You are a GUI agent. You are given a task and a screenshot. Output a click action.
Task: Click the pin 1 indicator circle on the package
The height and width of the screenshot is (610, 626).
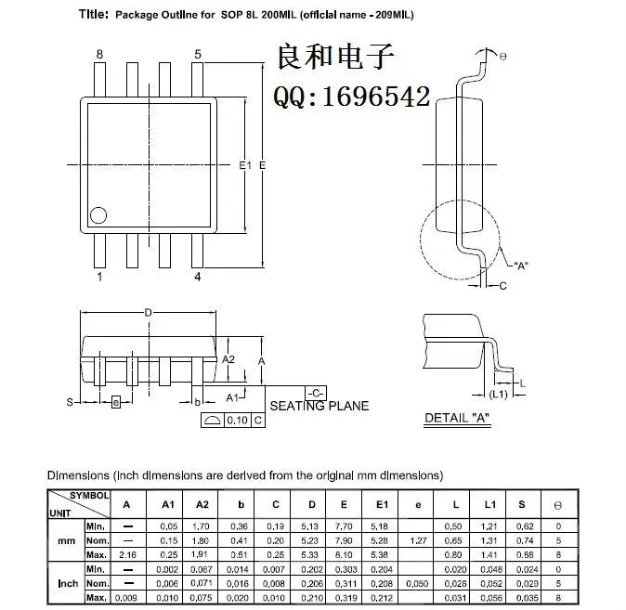pos(98,216)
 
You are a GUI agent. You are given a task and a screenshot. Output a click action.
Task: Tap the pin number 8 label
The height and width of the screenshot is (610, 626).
pos(99,54)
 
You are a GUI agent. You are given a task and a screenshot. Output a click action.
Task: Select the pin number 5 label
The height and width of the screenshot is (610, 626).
pos(198,54)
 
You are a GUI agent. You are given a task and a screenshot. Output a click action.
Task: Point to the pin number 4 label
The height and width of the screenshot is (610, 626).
pos(197,277)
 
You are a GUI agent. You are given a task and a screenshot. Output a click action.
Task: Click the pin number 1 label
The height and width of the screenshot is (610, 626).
pos(99,277)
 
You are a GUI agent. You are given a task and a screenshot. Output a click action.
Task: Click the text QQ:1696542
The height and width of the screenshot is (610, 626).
pos(350,97)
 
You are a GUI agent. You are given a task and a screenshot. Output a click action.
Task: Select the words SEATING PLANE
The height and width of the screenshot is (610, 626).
pos(319,406)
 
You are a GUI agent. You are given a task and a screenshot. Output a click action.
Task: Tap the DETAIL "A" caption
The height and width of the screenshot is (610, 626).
pos(457,418)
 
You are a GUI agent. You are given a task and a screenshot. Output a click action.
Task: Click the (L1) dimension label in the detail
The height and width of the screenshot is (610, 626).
pos(498,395)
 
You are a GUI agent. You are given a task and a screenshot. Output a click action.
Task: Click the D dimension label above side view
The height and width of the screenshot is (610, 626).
pos(148,313)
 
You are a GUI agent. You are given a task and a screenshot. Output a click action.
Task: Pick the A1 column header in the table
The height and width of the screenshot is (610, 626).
pos(168,504)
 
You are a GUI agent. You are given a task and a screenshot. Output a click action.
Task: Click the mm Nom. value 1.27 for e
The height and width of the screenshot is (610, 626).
pos(418,539)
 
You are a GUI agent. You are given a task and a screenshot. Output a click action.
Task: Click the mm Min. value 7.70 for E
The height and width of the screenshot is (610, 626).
pos(343,526)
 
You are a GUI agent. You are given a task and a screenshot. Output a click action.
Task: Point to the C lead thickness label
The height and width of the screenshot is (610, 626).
pos(502,286)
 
